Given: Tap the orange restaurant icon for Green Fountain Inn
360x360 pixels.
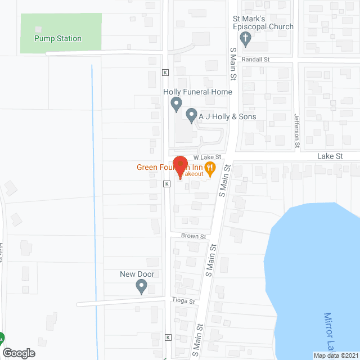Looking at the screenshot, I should [x=210, y=166].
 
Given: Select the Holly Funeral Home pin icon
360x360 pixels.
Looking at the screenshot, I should [x=176, y=103].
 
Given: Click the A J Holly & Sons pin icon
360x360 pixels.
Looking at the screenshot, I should [x=191, y=116].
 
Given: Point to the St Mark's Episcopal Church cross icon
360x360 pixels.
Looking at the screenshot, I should [x=245, y=38].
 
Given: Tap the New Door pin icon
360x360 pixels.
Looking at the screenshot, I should [x=141, y=287].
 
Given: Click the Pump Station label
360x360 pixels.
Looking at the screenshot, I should [x=58, y=39].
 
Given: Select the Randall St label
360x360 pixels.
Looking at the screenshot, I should [x=256, y=59].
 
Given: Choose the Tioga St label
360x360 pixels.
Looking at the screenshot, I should [x=183, y=301].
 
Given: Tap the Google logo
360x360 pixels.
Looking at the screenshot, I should [x=18, y=353].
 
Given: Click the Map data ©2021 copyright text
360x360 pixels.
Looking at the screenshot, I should [x=336, y=355].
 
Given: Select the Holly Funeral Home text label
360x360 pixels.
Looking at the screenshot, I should [x=197, y=92].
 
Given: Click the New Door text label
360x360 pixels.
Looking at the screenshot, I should [x=137, y=274].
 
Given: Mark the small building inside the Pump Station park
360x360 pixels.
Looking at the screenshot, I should [x=38, y=29].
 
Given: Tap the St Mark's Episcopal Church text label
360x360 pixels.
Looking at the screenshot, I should [x=263, y=22].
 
